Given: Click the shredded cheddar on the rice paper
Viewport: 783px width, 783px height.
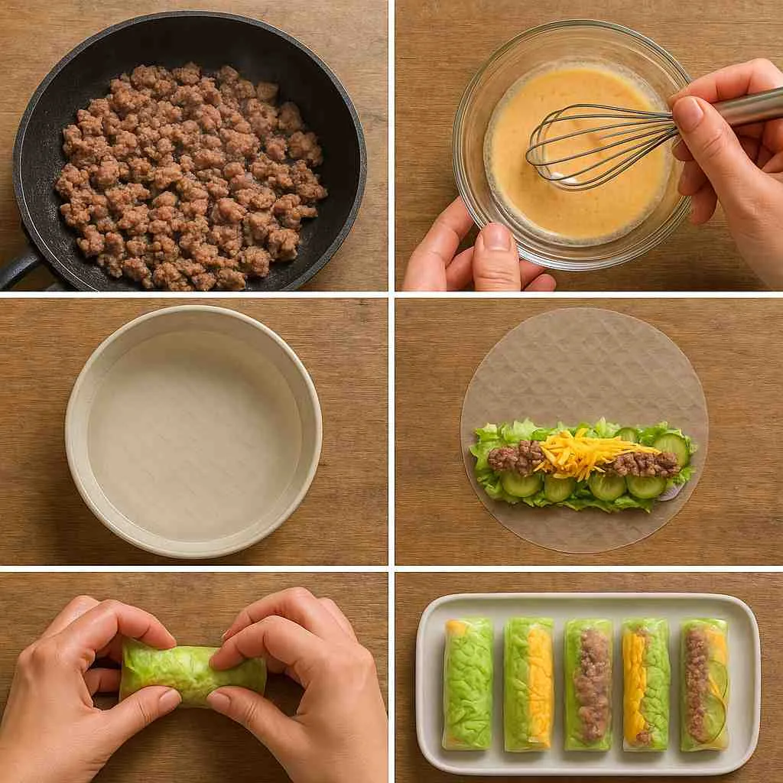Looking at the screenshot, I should pyautogui.click(x=581, y=455).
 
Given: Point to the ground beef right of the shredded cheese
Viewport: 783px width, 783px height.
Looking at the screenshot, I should pyautogui.click(x=646, y=463).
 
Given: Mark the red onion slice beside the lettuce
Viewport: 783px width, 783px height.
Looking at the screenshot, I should pyautogui.click(x=672, y=492).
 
